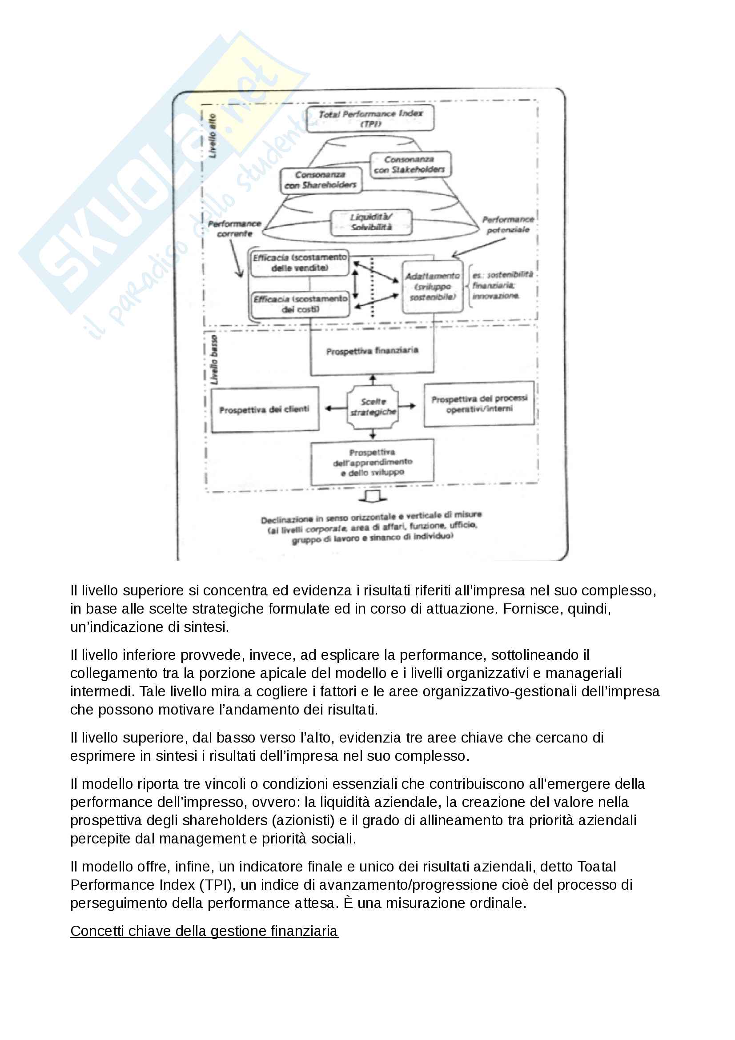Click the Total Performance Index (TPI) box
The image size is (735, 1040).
coord(370,118)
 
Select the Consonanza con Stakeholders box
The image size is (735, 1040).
coord(410,165)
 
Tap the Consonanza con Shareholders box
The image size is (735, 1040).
coord(321,180)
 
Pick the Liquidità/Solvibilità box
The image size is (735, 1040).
coord(371,222)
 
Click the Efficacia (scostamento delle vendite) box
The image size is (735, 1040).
coord(300,262)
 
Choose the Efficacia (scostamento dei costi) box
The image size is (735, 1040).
coord(300,304)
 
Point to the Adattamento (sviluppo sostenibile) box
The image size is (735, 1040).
coord(433,286)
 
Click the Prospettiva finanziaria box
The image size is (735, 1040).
coord(372,351)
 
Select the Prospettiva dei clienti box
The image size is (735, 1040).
coord(264,410)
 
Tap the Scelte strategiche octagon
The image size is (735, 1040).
coord(373,407)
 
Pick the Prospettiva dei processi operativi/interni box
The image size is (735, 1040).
coord(479,404)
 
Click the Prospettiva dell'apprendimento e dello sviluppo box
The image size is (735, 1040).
coord(372,462)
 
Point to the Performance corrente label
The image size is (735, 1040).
coord(235,229)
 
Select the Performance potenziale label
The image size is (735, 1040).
coord(508,225)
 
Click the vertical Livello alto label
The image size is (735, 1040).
coord(212,136)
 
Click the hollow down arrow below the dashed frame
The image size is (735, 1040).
coord(372,497)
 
